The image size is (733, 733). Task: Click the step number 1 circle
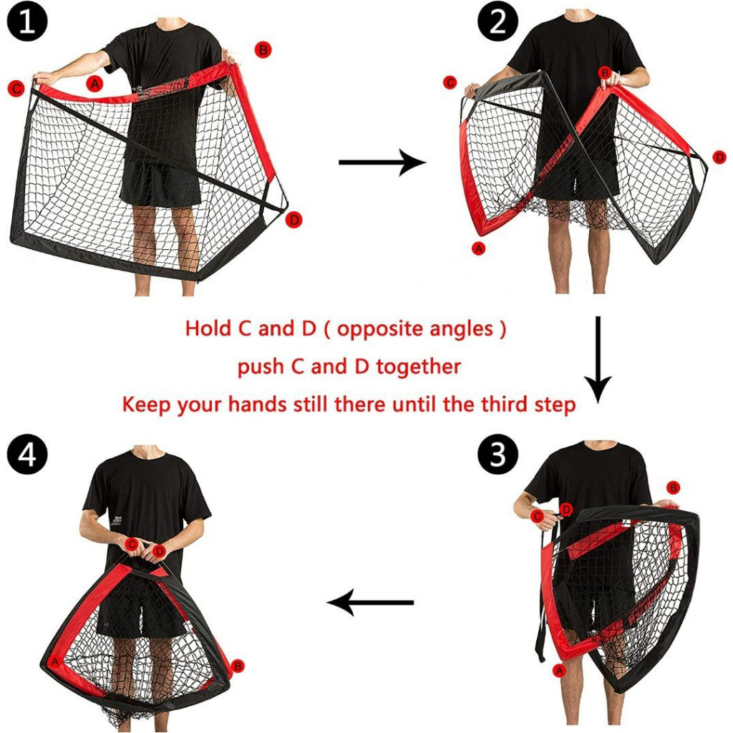(x=26, y=21)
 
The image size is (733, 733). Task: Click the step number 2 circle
(x=497, y=21)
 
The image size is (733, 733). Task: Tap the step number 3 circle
(x=497, y=454)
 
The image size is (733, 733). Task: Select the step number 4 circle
(x=26, y=454)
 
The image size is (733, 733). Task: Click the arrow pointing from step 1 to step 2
(x=382, y=162)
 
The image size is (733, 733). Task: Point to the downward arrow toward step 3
(x=598, y=359)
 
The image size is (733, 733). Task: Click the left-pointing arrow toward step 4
(x=370, y=603)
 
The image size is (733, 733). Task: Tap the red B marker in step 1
(x=263, y=49)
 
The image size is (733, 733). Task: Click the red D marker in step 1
(x=294, y=220)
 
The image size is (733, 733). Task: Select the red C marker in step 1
(x=16, y=88)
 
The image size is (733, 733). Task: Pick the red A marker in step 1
(x=95, y=84)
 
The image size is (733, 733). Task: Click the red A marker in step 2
(x=479, y=248)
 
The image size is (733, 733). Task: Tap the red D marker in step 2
(x=720, y=157)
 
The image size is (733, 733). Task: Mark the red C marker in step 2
(x=450, y=83)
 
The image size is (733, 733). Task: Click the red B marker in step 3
(x=673, y=488)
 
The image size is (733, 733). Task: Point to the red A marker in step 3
(x=559, y=671)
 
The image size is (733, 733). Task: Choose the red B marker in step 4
(x=238, y=666)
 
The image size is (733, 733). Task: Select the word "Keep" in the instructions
(x=146, y=405)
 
